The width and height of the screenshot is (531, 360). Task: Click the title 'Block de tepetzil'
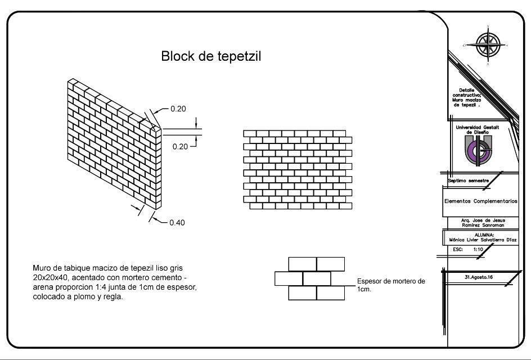click(211, 56)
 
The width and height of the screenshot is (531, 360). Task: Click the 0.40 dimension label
click(177, 222)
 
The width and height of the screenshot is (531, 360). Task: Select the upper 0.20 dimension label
click(178, 109)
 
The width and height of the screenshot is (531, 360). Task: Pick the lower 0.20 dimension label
click(180, 146)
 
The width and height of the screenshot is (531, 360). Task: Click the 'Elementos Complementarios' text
click(480, 201)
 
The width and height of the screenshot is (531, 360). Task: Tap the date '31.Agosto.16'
click(478, 277)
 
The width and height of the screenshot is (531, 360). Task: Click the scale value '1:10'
click(478, 249)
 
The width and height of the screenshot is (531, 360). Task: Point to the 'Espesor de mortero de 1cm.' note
click(391, 284)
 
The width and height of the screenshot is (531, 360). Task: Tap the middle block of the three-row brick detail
click(317, 278)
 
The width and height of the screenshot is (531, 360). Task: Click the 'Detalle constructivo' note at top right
click(467, 97)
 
